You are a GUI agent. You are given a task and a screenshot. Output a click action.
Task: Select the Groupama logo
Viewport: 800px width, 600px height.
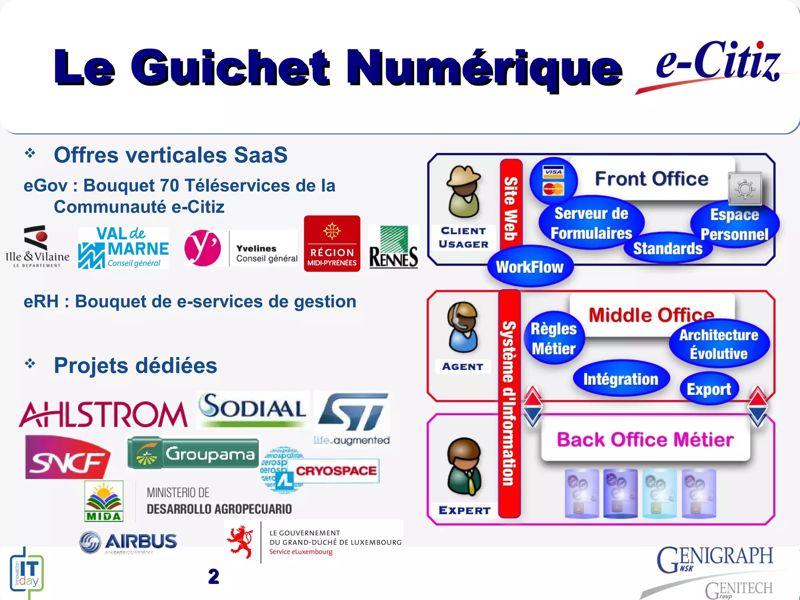pos(193,454)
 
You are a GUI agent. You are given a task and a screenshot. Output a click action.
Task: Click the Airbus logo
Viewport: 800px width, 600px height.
pos(128,542)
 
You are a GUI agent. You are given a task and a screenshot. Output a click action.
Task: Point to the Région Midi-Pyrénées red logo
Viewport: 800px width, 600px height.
pos(332,244)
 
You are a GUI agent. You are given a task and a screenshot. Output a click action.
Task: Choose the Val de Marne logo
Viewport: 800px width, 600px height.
pos(123,248)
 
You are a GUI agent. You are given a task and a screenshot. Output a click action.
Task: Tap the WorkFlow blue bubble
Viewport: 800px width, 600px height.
pos(530,267)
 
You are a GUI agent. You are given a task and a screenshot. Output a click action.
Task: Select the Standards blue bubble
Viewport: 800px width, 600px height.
pos(668,248)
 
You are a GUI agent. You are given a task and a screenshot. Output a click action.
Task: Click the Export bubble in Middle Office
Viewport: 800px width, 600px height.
pos(709,389)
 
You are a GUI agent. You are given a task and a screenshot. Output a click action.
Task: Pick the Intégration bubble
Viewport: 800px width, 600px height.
pos(621,379)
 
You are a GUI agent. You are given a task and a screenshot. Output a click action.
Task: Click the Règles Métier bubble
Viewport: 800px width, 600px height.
pos(554,339)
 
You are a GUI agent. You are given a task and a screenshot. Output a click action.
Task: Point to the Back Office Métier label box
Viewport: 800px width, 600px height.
pos(645,439)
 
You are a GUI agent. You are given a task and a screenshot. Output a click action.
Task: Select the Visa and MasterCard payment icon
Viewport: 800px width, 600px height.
pos(554,180)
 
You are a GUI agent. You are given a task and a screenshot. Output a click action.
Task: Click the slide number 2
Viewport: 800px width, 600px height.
pos(213,577)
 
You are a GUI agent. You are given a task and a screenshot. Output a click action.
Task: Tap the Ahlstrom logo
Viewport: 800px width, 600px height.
pos(104,414)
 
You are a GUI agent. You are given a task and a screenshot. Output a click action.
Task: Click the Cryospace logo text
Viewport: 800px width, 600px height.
pos(336,471)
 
